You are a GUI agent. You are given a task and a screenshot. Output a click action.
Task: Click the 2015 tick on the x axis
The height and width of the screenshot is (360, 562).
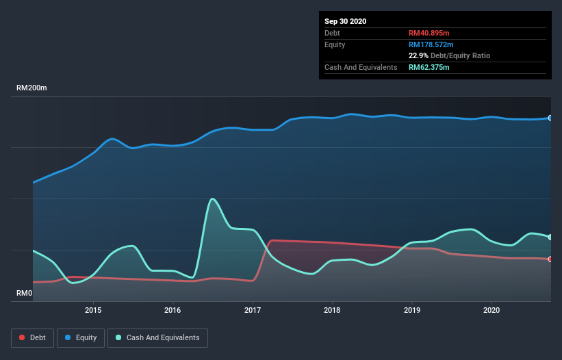(93, 310)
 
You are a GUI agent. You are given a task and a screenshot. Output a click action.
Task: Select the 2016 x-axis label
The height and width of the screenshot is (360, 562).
(173, 310)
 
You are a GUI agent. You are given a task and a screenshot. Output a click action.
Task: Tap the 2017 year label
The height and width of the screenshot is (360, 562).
(253, 310)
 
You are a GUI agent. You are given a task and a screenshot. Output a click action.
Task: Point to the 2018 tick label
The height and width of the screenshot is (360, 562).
(332, 310)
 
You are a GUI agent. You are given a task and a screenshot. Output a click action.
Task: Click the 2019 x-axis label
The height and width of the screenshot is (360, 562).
(412, 310)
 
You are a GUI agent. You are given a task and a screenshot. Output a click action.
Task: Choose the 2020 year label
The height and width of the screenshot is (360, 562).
(491, 310)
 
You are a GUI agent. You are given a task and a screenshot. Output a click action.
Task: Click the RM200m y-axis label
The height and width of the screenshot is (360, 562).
(31, 88)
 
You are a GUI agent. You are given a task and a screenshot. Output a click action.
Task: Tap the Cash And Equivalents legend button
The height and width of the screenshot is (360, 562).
(157, 337)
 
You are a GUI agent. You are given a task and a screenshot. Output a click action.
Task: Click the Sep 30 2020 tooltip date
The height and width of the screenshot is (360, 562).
(345, 21)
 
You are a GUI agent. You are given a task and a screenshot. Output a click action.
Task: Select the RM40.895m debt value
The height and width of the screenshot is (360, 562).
(429, 33)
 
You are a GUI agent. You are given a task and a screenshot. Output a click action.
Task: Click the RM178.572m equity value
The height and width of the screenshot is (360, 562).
(431, 44)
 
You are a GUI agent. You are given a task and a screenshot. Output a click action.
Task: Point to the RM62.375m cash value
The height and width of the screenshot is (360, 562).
(429, 67)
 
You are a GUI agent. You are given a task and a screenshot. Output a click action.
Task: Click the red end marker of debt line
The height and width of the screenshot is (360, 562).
(550, 259)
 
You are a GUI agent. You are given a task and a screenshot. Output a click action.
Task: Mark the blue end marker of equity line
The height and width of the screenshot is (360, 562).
(550, 118)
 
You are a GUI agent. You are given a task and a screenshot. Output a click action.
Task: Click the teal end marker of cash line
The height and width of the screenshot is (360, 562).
(550, 237)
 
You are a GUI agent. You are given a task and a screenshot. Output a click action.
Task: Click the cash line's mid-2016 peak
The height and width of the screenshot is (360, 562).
(213, 198)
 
